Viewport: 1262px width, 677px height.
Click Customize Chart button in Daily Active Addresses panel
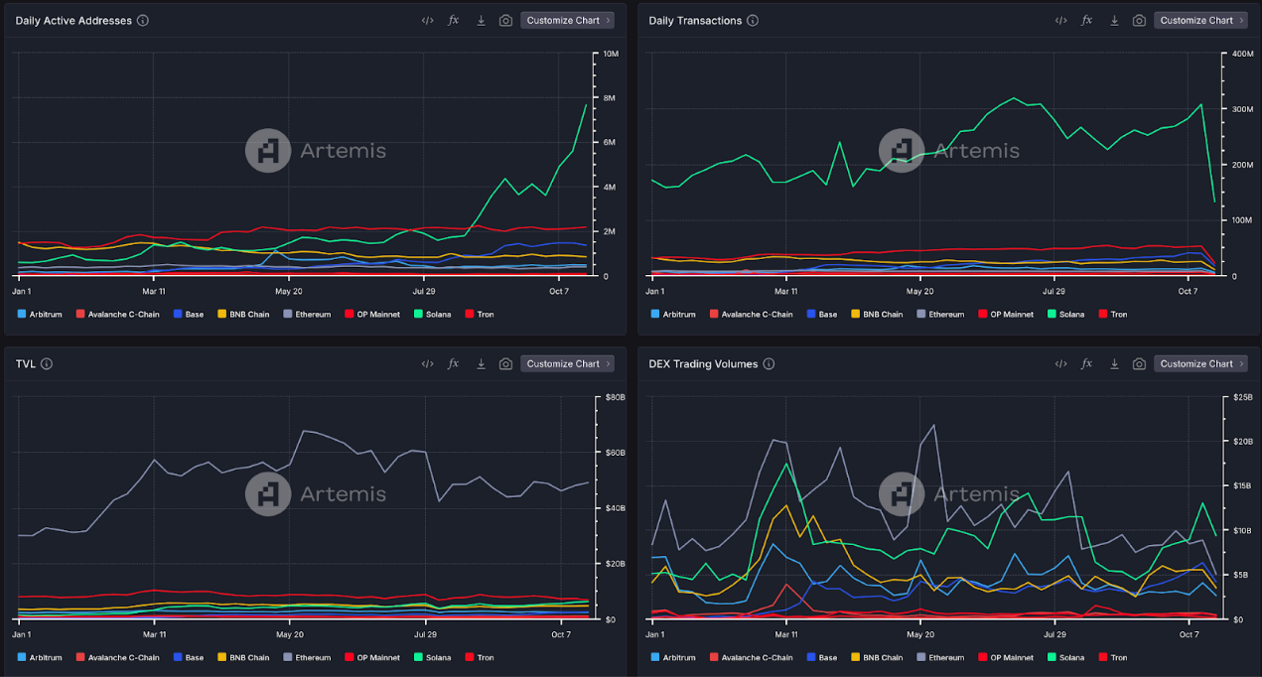567,20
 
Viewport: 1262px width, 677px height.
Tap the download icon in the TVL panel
481,363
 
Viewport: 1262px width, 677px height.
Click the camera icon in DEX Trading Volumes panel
1139,363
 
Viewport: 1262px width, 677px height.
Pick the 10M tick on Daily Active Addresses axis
611,54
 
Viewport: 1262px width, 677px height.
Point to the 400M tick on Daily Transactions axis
1243,54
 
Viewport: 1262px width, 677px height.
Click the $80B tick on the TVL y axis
616,397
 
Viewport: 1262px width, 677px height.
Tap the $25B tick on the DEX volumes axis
1242,397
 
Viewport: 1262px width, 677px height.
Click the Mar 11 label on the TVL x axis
154,634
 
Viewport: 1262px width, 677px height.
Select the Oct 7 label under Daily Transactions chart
1190,291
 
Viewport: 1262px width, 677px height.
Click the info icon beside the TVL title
47,363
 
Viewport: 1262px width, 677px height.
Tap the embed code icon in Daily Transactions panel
1060,20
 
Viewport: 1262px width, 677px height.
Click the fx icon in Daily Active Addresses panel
454,20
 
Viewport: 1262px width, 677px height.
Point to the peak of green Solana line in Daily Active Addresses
586,105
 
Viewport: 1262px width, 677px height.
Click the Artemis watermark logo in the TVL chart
268,493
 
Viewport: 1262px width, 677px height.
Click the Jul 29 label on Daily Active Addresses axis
425,291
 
